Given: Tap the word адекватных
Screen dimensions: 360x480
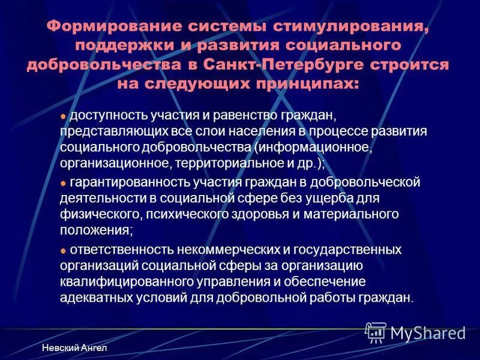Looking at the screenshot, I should point(96,298).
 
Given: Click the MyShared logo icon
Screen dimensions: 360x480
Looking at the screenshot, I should point(376,332).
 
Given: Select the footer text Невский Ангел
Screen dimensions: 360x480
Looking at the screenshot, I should point(75,349).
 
